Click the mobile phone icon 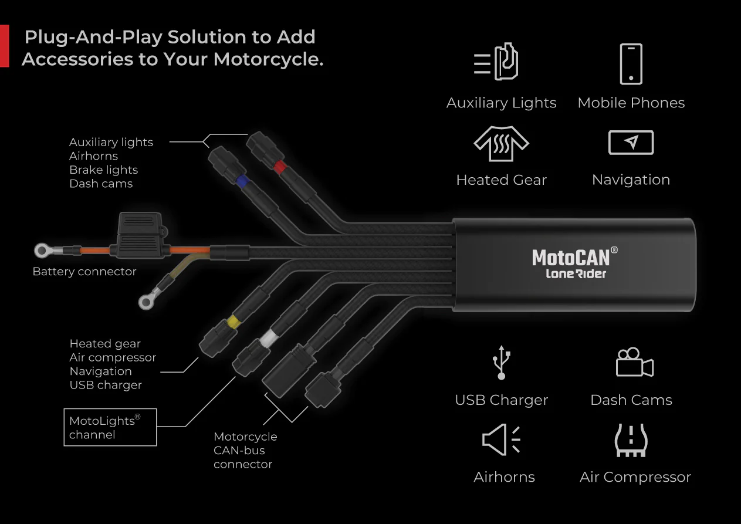631,64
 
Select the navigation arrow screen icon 631,143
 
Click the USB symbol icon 501,362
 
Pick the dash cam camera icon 634,363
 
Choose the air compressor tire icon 631,440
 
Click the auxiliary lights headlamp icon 497,62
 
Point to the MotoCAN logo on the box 574,257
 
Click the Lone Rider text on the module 576,273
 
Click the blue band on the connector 241,181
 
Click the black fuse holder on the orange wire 140,236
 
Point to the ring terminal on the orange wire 42,251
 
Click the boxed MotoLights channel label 110,427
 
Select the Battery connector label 84,272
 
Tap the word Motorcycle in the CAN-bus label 245,437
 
